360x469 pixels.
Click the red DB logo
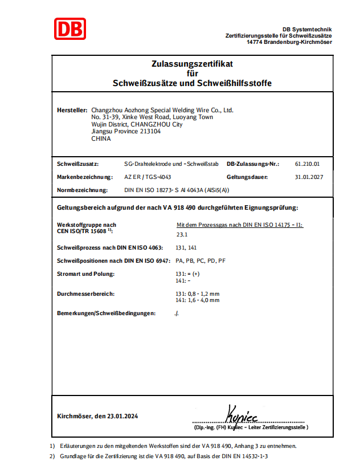click(70, 29)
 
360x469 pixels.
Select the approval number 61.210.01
click(308, 164)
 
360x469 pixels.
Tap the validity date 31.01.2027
click(309, 177)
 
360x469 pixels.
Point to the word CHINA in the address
click(101, 138)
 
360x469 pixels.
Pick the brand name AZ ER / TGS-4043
click(147, 177)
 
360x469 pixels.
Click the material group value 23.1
click(182, 234)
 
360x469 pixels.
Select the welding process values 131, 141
click(187, 247)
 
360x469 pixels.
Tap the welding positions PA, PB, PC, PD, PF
click(201, 260)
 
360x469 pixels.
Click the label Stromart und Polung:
click(85, 274)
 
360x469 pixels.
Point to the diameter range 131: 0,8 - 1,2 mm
click(198, 293)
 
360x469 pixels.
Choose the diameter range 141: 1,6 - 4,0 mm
click(198, 300)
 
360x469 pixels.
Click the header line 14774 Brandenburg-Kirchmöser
click(289, 42)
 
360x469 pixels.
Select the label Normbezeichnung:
click(82, 190)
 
